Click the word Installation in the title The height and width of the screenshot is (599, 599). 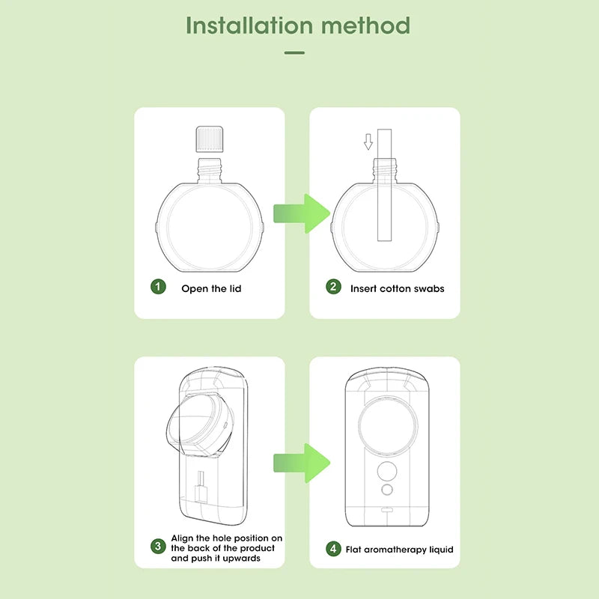point(249,25)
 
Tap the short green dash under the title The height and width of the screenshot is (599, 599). point(295,53)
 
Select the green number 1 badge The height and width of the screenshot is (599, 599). point(158,288)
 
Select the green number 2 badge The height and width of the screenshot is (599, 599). point(333,288)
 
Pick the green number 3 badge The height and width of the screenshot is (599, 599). point(158,547)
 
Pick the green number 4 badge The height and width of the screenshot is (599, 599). point(333,549)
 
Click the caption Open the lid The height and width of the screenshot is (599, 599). point(211,288)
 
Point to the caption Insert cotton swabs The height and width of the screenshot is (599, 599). point(397,288)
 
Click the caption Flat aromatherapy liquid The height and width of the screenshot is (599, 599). point(399,550)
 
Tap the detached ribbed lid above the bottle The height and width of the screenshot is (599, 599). point(209,139)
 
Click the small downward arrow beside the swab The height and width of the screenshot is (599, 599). point(368,141)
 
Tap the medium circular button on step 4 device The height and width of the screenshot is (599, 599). point(387,470)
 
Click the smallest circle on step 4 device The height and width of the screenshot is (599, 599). point(387,490)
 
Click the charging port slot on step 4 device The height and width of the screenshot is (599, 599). point(387,511)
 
